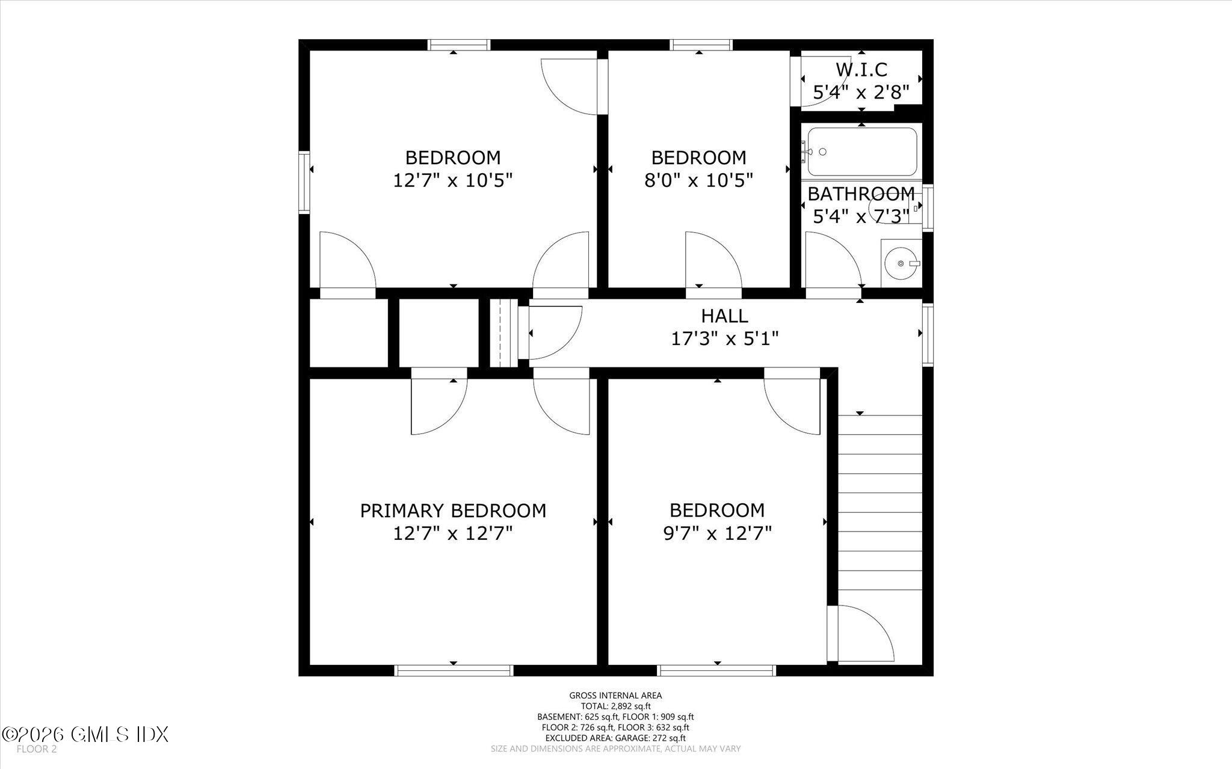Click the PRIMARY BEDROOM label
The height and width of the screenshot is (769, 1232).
point(453,510)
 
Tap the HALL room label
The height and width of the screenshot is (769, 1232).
point(724,316)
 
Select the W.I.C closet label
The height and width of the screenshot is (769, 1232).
point(861,70)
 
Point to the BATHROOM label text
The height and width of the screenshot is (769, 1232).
point(861,194)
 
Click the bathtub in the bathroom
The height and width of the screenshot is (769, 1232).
point(861,152)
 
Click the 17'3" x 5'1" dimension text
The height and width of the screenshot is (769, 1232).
point(724,339)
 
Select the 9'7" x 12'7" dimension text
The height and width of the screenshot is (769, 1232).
point(716,533)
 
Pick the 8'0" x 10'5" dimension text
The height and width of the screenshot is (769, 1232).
point(698,180)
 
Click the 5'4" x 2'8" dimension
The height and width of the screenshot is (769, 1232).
point(861,93)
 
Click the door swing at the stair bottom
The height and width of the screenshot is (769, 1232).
point(863,633)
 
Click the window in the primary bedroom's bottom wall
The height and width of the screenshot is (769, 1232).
point(454,670)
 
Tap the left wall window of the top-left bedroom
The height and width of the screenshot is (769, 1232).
point(304,182)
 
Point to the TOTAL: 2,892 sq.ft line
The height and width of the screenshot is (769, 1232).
point(615,706)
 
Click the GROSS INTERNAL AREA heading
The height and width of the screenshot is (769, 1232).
point(615,696)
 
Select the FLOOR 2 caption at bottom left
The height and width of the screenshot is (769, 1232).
point(37,749)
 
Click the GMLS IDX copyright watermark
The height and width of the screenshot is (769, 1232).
point(85,734)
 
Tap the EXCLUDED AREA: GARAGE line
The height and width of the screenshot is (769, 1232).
point(615,738)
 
